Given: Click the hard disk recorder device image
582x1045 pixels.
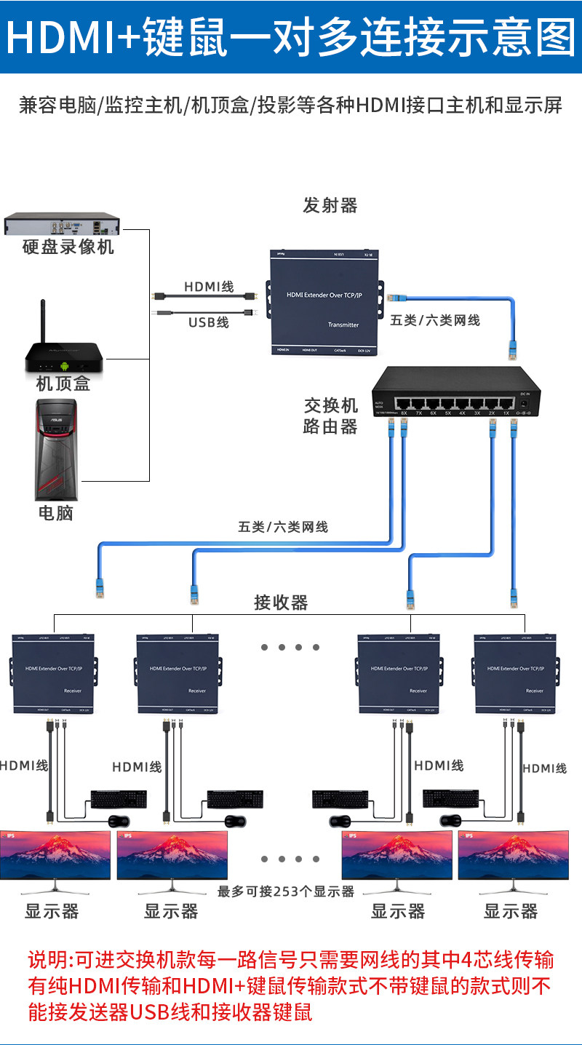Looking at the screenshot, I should click(61, 224).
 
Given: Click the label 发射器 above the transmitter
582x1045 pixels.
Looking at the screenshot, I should click(330, 206).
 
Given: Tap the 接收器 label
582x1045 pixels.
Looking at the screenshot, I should click(281, 603).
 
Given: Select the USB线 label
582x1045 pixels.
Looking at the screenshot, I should click(209, 322).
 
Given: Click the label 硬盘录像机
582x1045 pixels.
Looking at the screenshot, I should click(68, 247).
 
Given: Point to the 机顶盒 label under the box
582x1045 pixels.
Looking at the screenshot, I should click(63, 384).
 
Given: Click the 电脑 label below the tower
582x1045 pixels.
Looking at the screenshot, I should click(56, 513).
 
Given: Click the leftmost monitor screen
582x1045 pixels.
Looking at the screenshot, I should click(55, 855).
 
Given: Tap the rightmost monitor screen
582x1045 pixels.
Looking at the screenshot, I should click(512, 855).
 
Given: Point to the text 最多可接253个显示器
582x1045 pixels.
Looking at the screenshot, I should click(286, 891).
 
